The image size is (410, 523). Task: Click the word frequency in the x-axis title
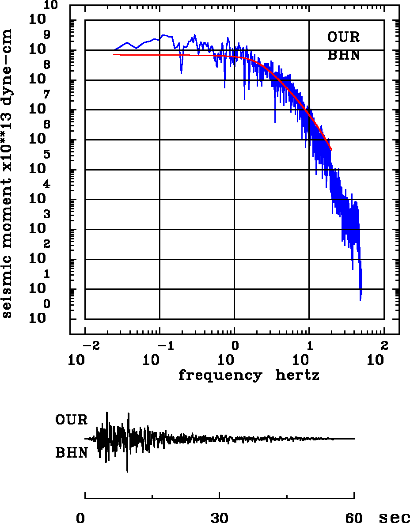pyautogui.click(x=220, y=375)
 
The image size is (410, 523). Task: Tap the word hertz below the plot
pyautogui.click(x=297, y=375)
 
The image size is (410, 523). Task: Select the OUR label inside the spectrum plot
pyautogui.click(x=343, y=37)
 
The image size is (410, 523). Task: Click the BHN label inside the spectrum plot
pyautogui.click(x=343, y=56)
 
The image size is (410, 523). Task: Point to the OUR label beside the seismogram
pyautogui.click(x=71, y=420)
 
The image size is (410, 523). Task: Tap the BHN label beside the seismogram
pyautogui.click(x=71, y=453)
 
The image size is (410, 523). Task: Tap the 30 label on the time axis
pyautogui.click(x=220, y=518)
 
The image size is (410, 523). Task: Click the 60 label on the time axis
pyautogui.click(x=354, y=518)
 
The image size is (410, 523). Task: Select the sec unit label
pyautogui.click(x=394, y=518)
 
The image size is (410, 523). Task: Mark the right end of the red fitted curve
pyautogui.click(x=331, y=150)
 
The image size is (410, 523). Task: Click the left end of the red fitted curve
pyautogui.click(x=114, y=54)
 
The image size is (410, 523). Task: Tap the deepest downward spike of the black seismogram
pyautogui.click(x=127, y=472)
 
